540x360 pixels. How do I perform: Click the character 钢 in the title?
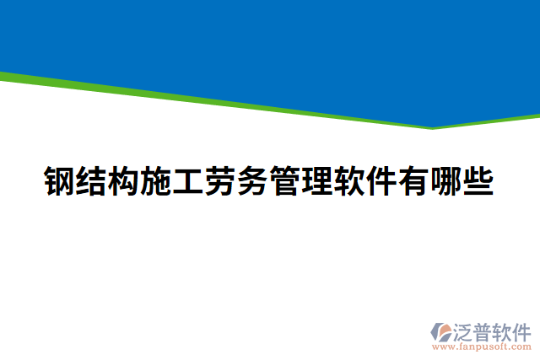tap(60, 181)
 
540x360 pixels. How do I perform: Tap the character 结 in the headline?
tap(92, 181)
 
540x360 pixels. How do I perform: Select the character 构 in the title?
tap(124, 181)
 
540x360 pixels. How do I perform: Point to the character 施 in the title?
tap(156, 181)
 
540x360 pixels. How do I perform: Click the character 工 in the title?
tap(188, 181)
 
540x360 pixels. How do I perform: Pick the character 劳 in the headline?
tap(220, 181)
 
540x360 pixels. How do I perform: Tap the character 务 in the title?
tap(252, 181)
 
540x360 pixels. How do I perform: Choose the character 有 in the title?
tap(413, 181)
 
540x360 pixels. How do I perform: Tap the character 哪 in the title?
tap(445, 181)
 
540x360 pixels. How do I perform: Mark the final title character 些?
tap(478, 181)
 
